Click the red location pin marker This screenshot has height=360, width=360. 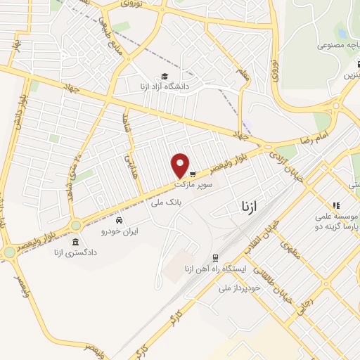click(181, 165)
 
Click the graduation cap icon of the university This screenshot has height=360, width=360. click(165, 76)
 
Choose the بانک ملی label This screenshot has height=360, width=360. click(166, 201)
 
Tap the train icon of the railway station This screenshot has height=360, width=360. click(216, 258)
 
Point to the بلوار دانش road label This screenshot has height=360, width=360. click(18, 117)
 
